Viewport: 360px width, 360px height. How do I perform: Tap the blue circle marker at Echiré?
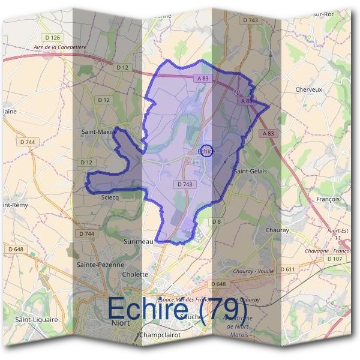pos(206,151)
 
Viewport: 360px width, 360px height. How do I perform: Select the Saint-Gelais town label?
pos(250,171)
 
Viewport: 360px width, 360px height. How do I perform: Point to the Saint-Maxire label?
pos(98,130)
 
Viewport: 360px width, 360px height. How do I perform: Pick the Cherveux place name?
pos(309,89)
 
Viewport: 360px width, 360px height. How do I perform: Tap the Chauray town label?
pos(277,230)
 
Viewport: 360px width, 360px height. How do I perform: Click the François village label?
pos(327,199)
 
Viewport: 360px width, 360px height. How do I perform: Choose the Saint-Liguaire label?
pos(37,320)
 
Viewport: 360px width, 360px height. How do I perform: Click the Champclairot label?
pos(160,334)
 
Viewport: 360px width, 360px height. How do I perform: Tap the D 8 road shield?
pos(217,222)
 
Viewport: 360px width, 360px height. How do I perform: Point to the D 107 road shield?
pos(334,259)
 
